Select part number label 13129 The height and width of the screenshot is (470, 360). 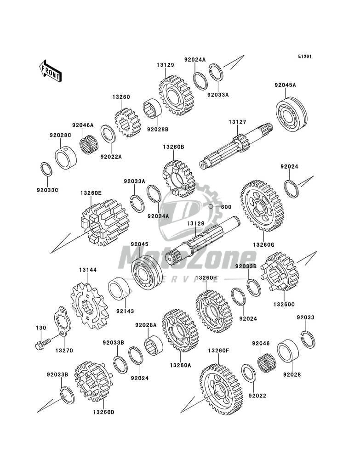165,65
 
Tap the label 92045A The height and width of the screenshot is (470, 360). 285,85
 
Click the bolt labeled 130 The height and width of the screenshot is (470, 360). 41,345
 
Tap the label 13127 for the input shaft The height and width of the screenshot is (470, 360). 238,122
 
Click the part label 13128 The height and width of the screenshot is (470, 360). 195,223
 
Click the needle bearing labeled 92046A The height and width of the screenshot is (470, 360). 88,143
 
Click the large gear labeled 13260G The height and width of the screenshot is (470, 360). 263,205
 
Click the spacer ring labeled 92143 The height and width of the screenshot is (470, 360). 120,289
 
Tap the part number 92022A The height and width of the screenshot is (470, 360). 111,156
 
